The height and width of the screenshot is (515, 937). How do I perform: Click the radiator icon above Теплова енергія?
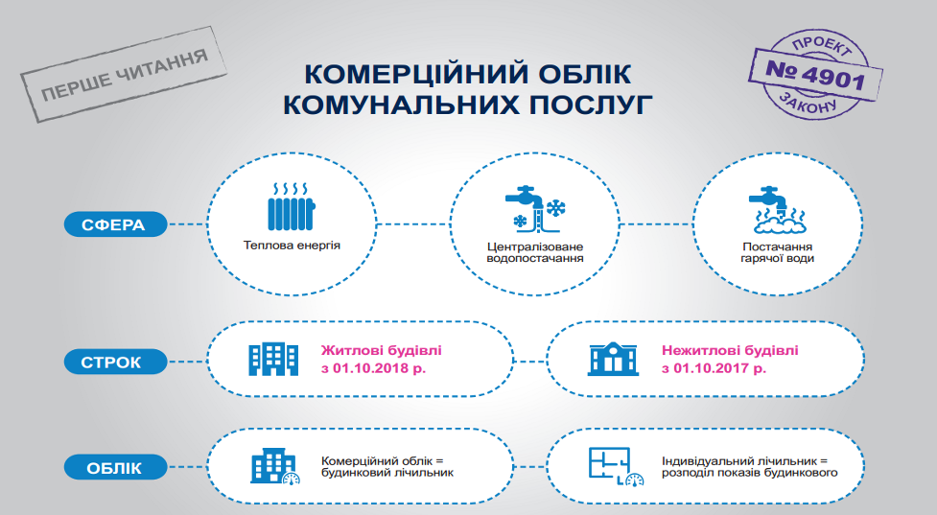point(291,207)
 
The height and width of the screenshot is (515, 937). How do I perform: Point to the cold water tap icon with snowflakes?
point(535,208)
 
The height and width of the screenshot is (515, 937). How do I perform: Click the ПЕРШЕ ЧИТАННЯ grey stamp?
point(124,75)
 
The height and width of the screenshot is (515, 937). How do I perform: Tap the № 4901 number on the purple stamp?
point(816,75)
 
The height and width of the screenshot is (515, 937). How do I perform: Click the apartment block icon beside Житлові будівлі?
point(273,359)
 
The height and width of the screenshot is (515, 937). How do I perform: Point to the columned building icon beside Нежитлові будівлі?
point(613,359)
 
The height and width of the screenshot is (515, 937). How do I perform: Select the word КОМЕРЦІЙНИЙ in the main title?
point(415,74)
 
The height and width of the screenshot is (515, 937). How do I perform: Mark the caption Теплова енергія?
point(292,245)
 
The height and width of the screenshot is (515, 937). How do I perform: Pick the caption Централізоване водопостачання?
point(535,252)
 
